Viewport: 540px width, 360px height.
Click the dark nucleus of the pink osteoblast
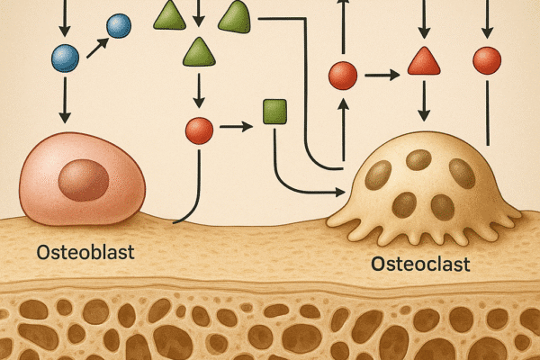(x=83, y=181)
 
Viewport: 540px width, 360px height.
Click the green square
(x=274, y=112)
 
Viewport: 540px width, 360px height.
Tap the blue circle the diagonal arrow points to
(x=119, y=26)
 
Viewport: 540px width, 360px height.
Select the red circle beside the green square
(x=198, y=130)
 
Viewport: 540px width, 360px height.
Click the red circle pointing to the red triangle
(x=343, y=75)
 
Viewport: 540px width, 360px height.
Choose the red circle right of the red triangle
(x=487, y=60)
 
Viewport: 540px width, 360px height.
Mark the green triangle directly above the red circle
(x=198, y=51)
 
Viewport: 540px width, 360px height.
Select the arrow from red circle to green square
(x=235, y=125)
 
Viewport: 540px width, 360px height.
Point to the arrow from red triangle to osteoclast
(x=423, y=101)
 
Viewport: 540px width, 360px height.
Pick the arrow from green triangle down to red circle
(x=198, y=90)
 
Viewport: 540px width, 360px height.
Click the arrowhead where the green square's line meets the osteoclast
(x=338, y=192)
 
